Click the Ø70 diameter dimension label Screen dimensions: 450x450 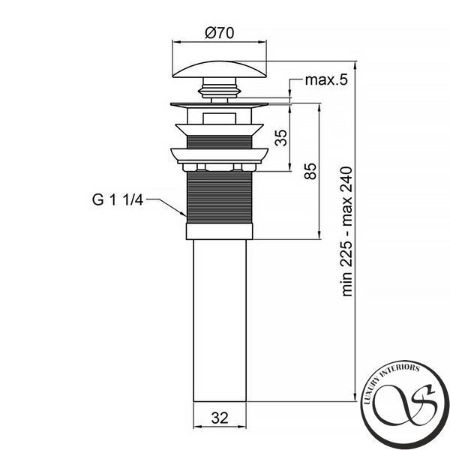point(220,33)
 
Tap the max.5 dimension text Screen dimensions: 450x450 point(326,80)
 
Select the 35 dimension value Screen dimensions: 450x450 point(281,138)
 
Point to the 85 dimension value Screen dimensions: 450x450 point(310,171)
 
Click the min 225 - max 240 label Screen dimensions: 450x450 point(346,231)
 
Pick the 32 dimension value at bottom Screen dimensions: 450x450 point(220,418)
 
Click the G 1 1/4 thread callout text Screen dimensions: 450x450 point(118,199)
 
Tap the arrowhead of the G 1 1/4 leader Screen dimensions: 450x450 point(184,214)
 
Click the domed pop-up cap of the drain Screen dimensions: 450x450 point(220,69)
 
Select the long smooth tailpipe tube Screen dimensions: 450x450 point(220,320)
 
